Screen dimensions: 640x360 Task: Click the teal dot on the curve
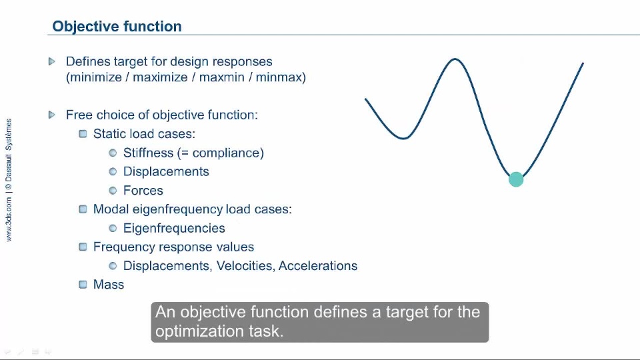coord(516,179)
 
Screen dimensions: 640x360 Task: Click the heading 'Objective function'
coord(117,27)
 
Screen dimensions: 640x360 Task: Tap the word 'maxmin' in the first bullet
coord(221,77)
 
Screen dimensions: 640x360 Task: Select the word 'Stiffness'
coord(148,153)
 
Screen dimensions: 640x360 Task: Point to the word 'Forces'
coord(143,190)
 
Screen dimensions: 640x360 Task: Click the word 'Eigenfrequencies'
coord(174,228)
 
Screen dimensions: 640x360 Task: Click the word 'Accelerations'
coord(318,266)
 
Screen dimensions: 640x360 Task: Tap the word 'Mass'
coord(109,285)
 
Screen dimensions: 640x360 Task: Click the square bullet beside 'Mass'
coord(83,285)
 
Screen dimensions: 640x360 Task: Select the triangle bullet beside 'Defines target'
coord(52,61)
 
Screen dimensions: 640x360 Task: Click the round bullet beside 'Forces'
coord(113,191)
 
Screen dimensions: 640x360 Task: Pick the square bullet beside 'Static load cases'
coord(83,134)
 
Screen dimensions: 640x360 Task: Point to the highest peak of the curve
coord(455,59)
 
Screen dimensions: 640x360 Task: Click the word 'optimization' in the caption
coord(198,331)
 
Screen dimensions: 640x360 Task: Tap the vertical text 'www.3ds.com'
coord(9,219)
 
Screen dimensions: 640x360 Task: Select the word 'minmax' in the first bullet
coord(279,77)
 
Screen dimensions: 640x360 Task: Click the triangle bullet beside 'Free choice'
coord(52,115)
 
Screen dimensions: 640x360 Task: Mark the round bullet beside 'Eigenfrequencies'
coord(113,228)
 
